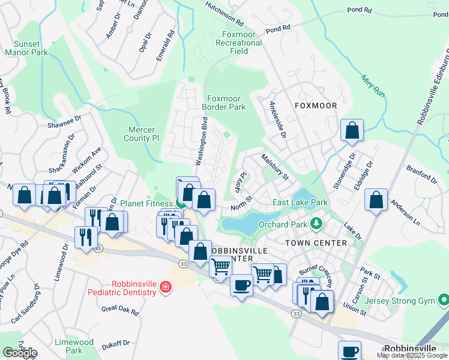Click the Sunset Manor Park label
[26, 48]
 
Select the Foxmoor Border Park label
[226, 103]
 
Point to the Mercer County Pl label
[142, 134]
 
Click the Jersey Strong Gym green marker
[444, 299]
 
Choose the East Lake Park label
[300, 203]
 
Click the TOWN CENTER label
[316, 243]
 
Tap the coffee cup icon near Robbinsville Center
[241, 285]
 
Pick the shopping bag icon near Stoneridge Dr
[352, 130]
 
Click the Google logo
[20, 353]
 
